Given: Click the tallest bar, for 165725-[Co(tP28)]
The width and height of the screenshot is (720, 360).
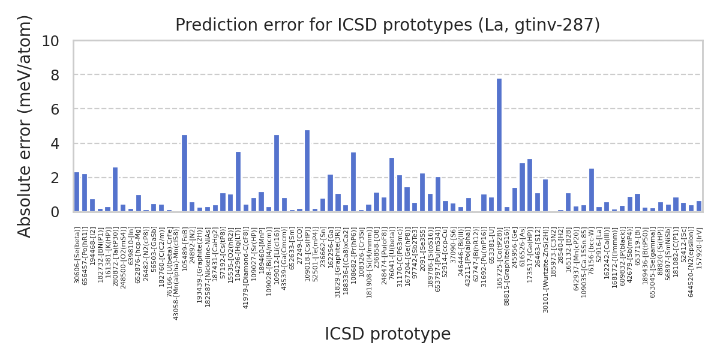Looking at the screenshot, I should (x=499, y=145).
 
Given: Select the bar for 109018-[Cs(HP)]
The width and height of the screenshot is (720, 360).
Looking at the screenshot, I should (x=307, y=171).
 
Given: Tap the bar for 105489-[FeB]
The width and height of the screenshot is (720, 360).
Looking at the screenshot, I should (x=184, y=173).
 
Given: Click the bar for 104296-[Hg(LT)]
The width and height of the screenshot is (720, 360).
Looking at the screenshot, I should (x=238, y=182).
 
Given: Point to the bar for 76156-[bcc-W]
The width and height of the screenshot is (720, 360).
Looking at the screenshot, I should (x=592, y=190).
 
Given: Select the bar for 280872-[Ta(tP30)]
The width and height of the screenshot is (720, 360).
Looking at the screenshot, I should (x=115, y=190).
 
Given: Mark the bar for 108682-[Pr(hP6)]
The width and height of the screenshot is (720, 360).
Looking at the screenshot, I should (x=353, y=182).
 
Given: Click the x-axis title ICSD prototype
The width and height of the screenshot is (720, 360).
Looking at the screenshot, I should (x=388, y=334).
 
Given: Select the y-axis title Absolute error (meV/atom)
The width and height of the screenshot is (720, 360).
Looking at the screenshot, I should (x=25, y=126).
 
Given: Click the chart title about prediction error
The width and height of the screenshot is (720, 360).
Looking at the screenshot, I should (x=388, y=25).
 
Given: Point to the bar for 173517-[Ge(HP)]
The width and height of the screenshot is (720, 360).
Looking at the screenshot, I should (x=530, y=185).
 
